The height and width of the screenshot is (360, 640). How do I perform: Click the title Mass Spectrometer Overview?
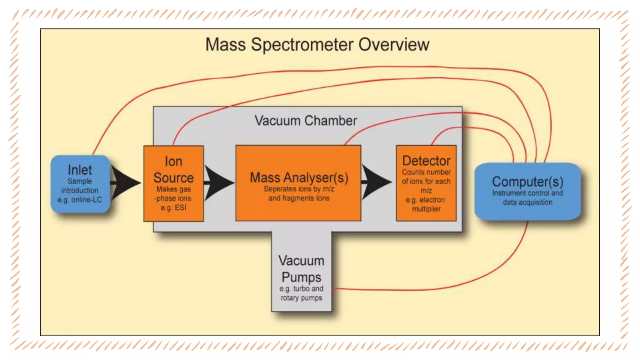coord(317,44)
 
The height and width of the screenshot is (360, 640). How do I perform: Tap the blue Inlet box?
coord(80,184)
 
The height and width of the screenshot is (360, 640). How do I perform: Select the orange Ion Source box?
coord(173,184)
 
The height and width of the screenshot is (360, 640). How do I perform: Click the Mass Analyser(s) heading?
coord(299,177)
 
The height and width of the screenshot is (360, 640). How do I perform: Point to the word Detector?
coord(426,161)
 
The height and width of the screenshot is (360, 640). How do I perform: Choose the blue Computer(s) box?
coord(527,191)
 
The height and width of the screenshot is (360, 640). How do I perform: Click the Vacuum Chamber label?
coord(306,121)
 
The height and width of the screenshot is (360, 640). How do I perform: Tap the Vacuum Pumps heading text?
coord(301,269)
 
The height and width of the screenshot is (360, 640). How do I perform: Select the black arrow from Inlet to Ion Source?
coord(125,183)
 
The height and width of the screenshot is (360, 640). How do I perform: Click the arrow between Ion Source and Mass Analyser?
coord(219,183)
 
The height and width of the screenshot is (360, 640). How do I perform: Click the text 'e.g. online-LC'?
coord(80,200)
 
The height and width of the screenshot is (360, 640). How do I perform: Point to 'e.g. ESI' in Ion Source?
coord(173,207)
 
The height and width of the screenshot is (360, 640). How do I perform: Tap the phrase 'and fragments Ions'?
coord(299,198)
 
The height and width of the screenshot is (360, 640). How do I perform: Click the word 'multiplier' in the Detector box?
coord(426,209)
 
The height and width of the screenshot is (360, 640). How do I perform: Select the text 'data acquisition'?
coord(527,202)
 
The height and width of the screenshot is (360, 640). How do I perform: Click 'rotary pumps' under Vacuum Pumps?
coord(301,298)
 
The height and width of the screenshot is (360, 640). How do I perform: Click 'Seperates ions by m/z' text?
coord(299,189)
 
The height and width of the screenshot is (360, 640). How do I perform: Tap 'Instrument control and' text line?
coord(527,193)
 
